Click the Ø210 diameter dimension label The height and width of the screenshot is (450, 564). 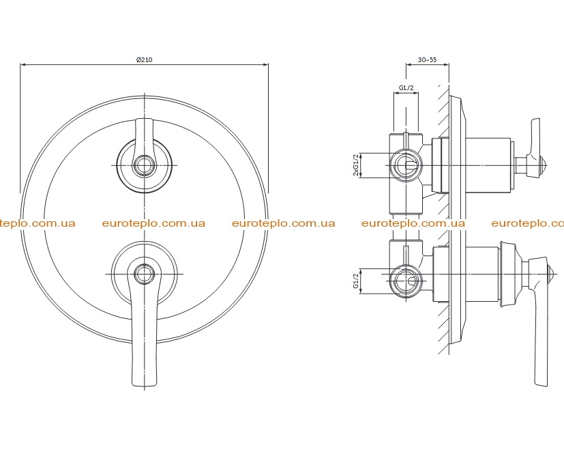144,59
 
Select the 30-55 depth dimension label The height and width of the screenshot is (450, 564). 428,59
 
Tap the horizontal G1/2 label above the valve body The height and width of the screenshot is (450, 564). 406,87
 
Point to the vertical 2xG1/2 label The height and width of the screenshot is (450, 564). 356,165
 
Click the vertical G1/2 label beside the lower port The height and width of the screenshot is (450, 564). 356,281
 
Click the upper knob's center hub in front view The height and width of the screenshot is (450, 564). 144,165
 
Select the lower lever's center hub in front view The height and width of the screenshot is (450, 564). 144,274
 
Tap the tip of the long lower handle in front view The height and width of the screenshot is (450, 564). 144,386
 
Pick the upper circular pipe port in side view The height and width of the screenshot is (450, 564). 406,165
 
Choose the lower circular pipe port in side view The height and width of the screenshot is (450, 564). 406,281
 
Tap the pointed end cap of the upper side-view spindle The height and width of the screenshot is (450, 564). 544,165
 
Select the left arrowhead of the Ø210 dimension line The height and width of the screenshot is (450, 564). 23,65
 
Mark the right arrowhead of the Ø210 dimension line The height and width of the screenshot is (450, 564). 266,65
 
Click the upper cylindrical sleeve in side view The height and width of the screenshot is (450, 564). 488,165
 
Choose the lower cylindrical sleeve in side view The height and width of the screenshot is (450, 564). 482,274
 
